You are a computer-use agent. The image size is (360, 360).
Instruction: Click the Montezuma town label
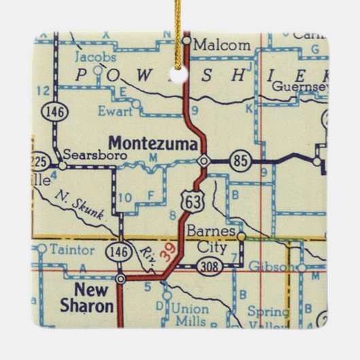pyautogui.click(x=154, y=144)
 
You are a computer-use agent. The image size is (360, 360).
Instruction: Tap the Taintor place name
pyautogui.click(x=76, y=249)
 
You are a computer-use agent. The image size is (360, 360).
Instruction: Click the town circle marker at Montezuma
pyautogui.click(x=204, y=161)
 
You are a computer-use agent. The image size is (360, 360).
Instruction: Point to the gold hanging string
pyautogui.click(x=185, y=17)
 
